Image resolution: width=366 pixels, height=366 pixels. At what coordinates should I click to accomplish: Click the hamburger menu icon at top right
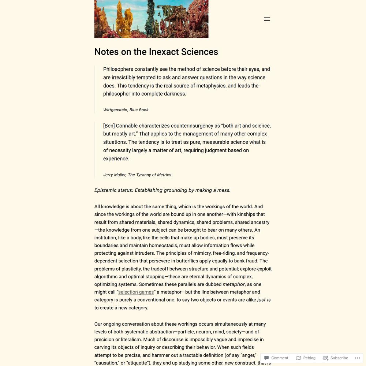click(x=267, y=19)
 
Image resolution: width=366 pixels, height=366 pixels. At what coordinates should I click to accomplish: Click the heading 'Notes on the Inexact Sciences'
click(x=156, y=52)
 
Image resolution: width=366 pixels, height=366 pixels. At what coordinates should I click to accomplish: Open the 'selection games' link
click(x=136, y=292)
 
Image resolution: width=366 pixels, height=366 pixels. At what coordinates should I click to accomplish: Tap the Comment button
click(x=276, y=358)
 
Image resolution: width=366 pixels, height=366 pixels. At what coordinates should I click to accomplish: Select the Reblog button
click(x=306, y=358)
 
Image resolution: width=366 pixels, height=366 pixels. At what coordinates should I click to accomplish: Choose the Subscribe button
click(x=336, y=358)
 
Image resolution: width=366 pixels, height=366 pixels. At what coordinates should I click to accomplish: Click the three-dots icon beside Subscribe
click(x=357, y=358)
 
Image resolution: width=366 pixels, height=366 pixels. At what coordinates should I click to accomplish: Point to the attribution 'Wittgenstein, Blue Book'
click(x=126, y=110)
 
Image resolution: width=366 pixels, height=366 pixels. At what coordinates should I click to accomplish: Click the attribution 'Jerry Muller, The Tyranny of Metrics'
click(x=137, y=175)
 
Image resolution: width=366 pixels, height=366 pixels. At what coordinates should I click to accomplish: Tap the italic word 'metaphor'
click(x=234, y=284)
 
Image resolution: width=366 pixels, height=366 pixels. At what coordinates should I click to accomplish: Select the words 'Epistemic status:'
click(x=113, y=190)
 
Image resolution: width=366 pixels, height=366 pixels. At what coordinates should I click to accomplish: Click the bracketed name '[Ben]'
click(x=109, y=126)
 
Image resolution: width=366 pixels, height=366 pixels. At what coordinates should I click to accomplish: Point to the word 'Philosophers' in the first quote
click(x=118, y=69)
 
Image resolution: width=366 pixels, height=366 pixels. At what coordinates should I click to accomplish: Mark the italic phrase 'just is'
click(x=264, y=300)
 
